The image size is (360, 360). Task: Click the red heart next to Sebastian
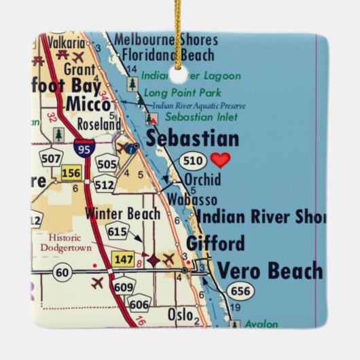click(220, 160)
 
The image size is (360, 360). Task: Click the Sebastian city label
click(193, 139)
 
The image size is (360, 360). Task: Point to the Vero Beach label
click(270, 270)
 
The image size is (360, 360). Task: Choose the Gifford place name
click(215, 243)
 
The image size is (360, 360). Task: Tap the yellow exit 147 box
click(124, 259)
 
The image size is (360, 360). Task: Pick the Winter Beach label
click(123, 214)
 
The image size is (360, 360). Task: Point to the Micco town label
click(88, 105)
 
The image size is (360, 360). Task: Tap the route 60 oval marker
click(44, 272)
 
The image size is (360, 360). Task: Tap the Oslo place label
click(180, 316)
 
